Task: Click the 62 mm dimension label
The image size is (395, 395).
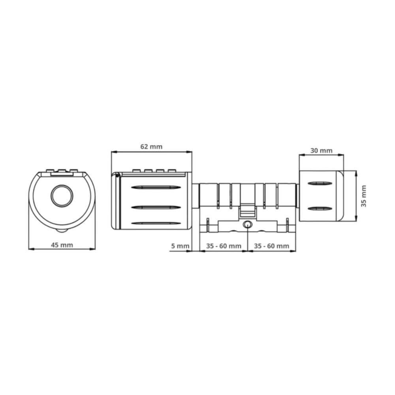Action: (151, 147)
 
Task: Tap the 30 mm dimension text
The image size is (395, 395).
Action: (321, 150)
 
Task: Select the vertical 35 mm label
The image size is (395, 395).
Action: (364, 196)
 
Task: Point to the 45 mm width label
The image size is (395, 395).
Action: (62, 245)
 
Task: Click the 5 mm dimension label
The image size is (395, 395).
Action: (180, 246)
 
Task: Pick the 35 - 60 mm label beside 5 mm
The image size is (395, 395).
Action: (224, 246)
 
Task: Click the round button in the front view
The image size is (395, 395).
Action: (62, 195)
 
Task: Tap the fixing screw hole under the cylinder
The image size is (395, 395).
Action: (248, 224)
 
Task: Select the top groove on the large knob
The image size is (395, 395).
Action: (152, 187)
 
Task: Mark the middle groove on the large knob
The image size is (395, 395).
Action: (152, 206)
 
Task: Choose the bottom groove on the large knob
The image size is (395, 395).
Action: (152, 223)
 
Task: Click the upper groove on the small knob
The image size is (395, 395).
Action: (320, 184)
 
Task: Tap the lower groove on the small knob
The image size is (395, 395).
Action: (320, 208)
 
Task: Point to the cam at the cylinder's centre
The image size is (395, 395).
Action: (248, 209)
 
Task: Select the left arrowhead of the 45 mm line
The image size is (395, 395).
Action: (30, 249)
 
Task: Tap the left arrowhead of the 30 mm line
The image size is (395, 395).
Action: (300, 155)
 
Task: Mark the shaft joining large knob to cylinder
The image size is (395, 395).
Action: (195, 196)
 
